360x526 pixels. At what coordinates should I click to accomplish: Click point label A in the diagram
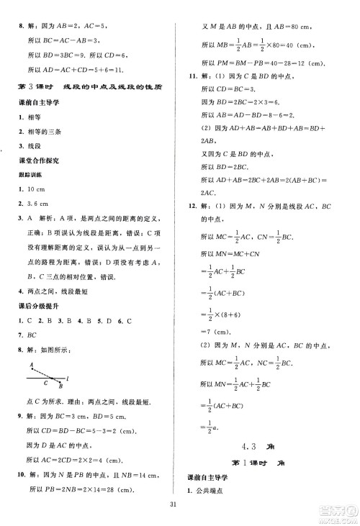[x=32, y=364]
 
